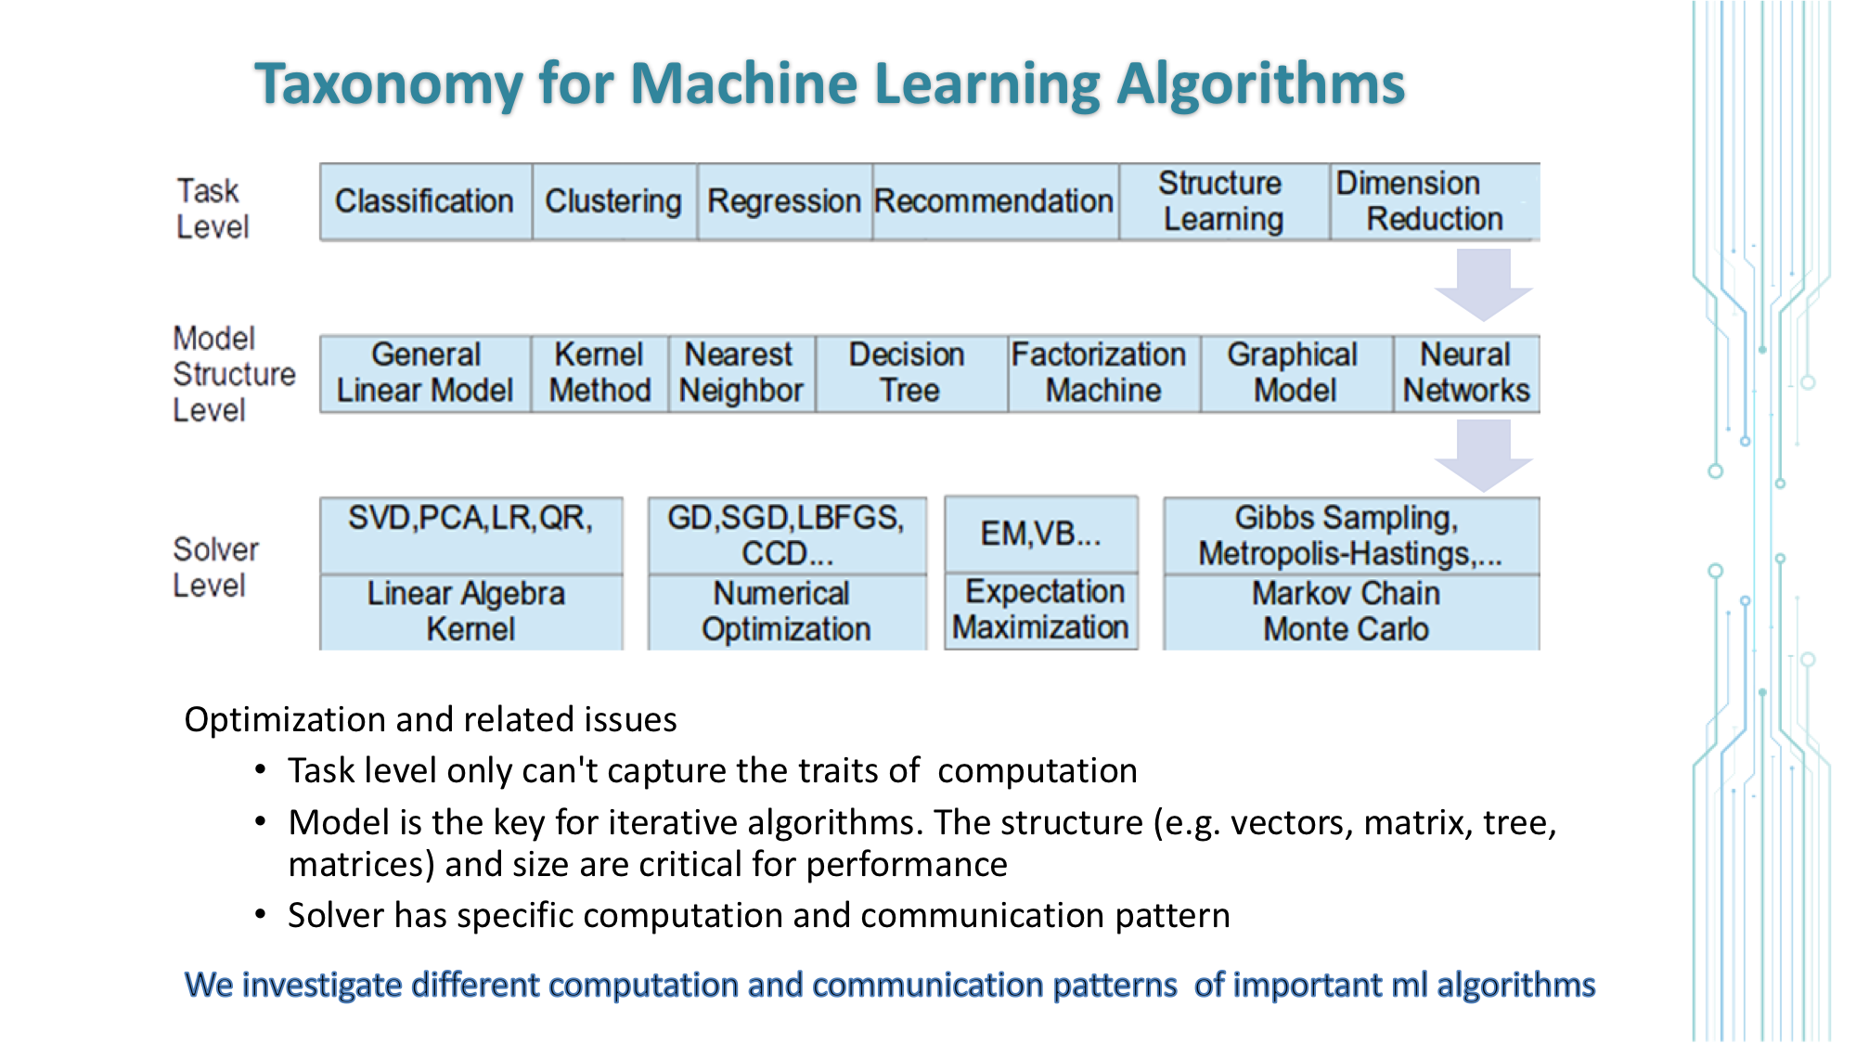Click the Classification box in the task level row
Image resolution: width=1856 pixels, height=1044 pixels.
(x=425, y=201)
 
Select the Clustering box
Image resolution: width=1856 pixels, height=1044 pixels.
(x=613, y=201)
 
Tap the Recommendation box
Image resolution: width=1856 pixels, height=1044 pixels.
(x=994, y=201)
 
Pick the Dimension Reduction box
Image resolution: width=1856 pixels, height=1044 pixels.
(x=1434, y=201)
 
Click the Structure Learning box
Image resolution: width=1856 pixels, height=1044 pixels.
(x=1223, y=201)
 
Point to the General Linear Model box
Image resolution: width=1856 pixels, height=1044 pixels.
(x=425, y=373)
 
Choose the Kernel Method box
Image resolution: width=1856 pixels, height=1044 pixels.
(x=599, y=373)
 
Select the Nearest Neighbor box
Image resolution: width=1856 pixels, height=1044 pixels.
(x=741, y=373)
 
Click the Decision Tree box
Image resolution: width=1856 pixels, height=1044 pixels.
(x=909, y=373)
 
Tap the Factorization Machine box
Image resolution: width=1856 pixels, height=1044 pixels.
(x=1102, y=373)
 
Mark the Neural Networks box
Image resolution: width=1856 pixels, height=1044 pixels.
(x=1465, y=373)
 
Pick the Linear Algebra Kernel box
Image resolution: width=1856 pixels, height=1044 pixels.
(x=470, y=612)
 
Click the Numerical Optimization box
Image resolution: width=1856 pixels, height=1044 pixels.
(x=786, y=612)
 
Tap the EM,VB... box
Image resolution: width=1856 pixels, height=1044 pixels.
(x=1040, y=534)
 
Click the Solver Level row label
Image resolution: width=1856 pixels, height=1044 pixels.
(x=215, y=567)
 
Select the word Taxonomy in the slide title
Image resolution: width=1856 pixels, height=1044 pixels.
(x=389, y=84)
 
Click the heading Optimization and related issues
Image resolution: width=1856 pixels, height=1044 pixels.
(x=431, y=720)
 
